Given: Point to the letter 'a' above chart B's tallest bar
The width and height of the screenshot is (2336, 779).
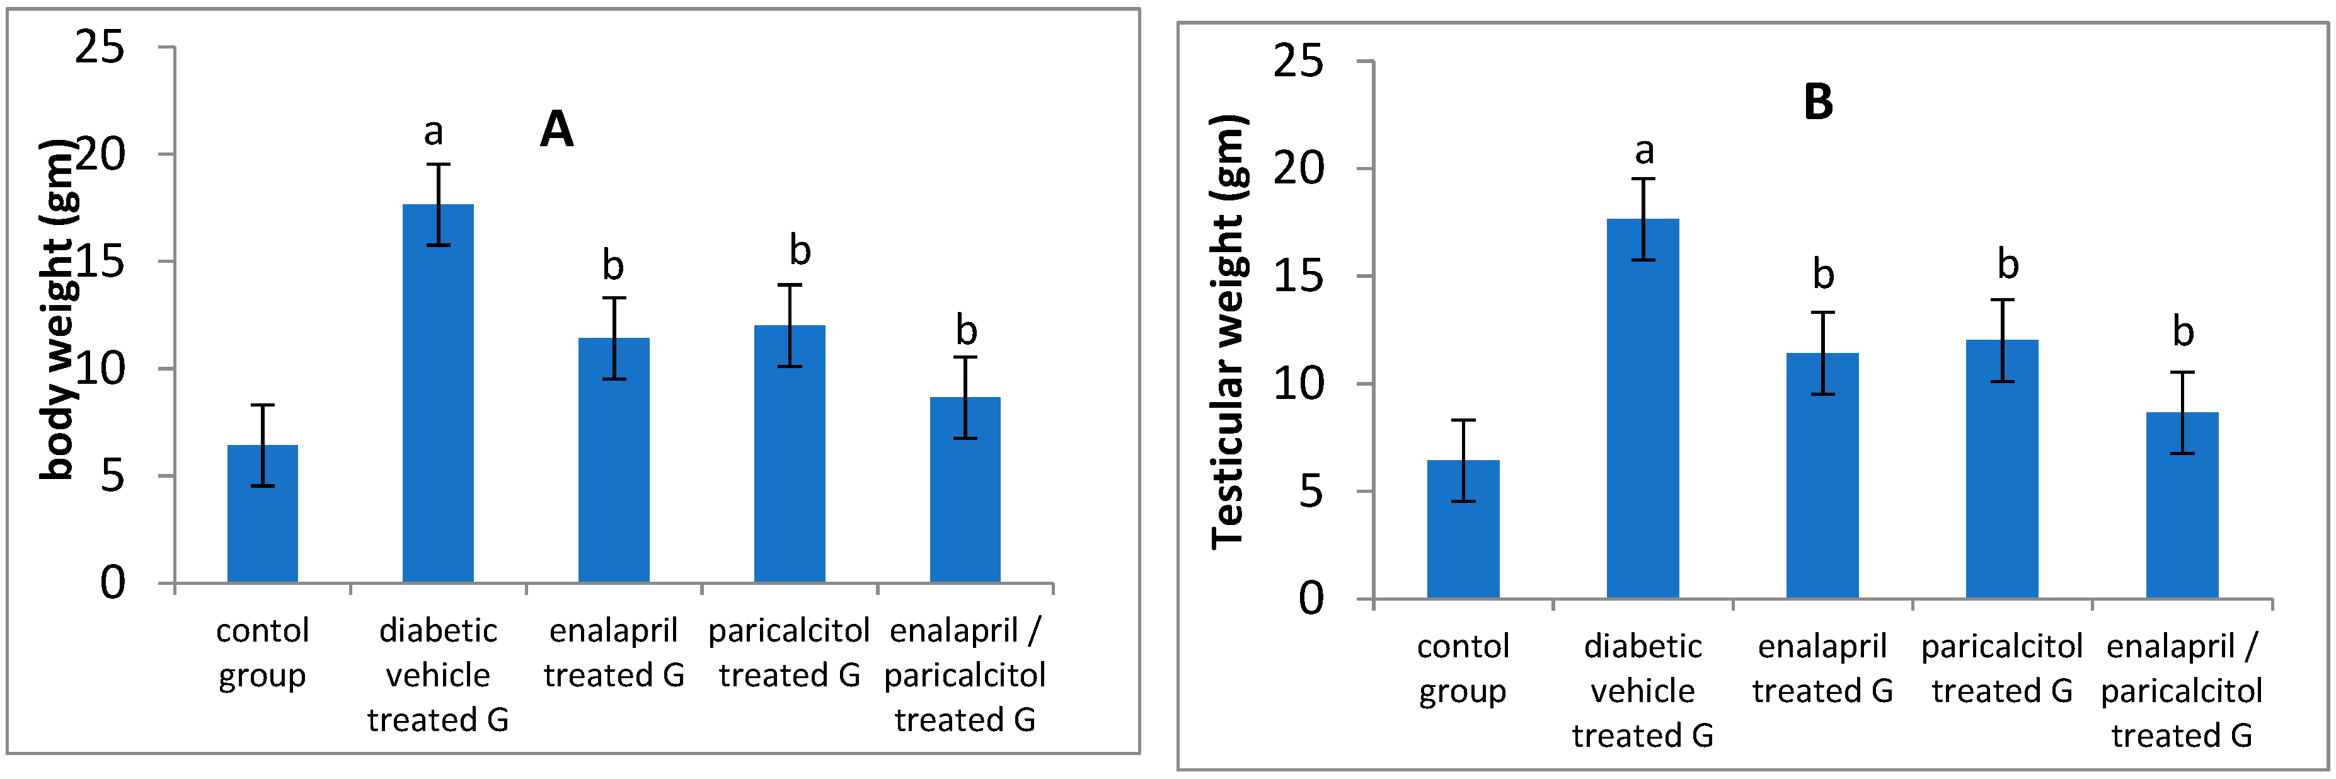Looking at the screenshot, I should [x=1643, y=151].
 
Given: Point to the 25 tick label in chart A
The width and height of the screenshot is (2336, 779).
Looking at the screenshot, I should [x=100, y=47].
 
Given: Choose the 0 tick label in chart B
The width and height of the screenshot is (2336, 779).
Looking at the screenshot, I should [x=1311, y=599].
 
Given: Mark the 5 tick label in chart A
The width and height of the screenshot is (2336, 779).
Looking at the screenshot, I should [x=112, y=475].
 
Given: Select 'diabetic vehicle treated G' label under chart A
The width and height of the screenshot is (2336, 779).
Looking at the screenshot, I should [x=438, y=675].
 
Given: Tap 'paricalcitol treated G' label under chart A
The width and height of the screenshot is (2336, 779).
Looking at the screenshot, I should [x=789, y=652].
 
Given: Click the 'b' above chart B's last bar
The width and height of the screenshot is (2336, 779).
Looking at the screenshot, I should [x=2183, y=332].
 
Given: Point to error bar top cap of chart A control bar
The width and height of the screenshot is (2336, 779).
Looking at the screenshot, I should [x=262, y=405].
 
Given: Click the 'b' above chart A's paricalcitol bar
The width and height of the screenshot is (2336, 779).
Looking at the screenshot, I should [x=799, y=250].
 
